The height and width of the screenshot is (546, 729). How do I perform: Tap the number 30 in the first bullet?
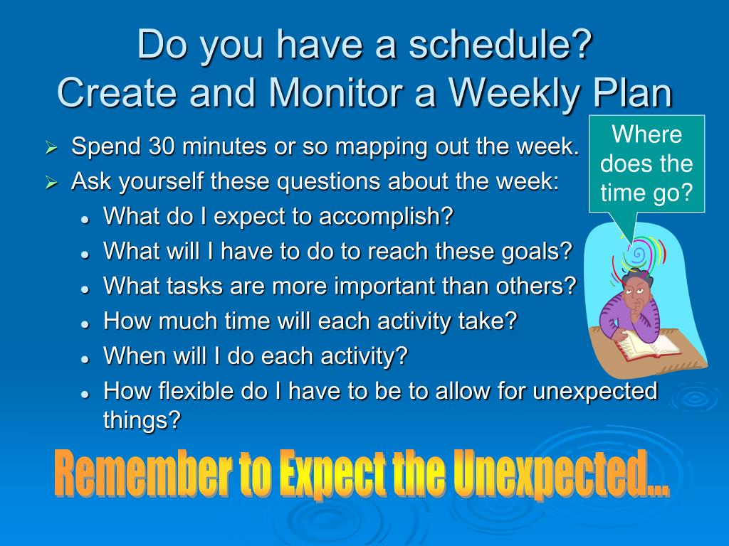tap(162, 146)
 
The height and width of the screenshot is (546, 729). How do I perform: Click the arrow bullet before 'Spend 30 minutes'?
tap(51, 148)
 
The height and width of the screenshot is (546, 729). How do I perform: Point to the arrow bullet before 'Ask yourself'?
tap(51, 183)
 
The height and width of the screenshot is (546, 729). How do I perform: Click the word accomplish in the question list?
tap(386, 217)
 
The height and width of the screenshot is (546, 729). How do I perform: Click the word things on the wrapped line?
tap(142, 421)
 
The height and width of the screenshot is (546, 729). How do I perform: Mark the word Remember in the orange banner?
tap(142, 473)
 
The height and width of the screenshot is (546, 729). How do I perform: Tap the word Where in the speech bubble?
tap(646, 134)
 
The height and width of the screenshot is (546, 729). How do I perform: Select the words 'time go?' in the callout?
tap(646, 193)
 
